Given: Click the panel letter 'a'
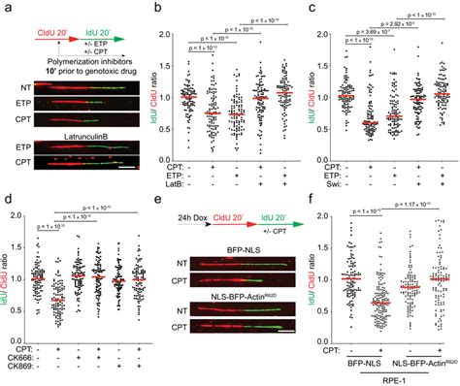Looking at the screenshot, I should (x=5, y=7).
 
